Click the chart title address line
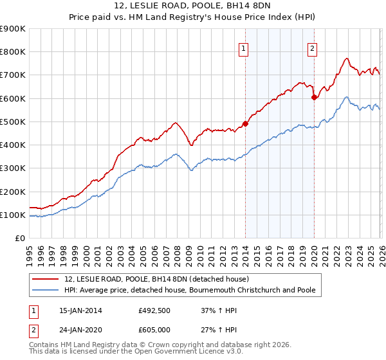click(192, 7)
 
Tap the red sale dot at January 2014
click(245, 123)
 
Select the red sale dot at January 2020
click(314, 98)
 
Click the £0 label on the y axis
click(19, 238)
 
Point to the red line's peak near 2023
click(346, 59)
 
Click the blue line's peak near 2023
click(346, 97)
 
